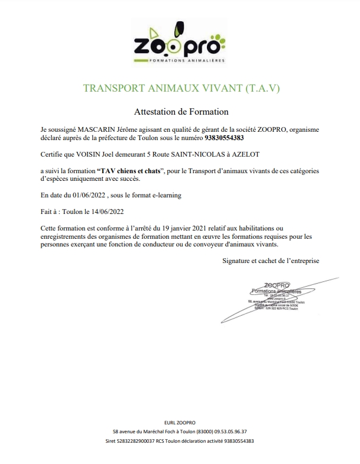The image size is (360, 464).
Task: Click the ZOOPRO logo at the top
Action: coord(179,44)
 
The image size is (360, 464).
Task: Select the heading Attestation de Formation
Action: coord(181,111)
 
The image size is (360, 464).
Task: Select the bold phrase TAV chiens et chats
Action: coord(129,171)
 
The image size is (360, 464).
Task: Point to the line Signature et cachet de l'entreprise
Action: coord(272,260)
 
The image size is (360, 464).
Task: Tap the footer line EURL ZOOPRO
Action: coord(179,423)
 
